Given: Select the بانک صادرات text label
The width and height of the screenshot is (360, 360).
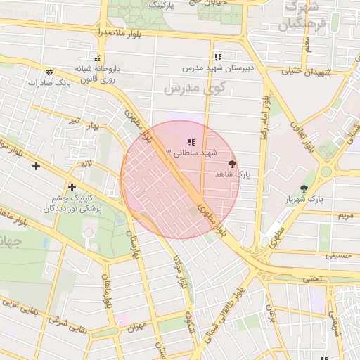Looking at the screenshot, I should pos(50,83).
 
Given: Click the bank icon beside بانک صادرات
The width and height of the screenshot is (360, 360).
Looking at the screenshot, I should pos(49,72).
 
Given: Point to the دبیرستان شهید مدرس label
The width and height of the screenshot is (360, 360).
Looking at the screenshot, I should pos(218,68).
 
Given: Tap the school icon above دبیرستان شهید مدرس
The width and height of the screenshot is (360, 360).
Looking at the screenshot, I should pos(218,57).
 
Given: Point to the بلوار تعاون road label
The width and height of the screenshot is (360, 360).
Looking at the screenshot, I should pos(303,138).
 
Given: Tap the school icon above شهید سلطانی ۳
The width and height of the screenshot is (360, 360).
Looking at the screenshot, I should pos(191,142).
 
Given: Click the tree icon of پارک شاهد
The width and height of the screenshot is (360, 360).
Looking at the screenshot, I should pos(233,163).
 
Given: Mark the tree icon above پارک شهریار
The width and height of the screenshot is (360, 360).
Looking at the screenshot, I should pos(304,188).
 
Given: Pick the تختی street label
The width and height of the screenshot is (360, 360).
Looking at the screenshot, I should pos(311,278).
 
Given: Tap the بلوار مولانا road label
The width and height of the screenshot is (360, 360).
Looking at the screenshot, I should pos(180,270).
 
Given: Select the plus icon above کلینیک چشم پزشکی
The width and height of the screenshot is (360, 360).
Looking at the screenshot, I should pos(72,187).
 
